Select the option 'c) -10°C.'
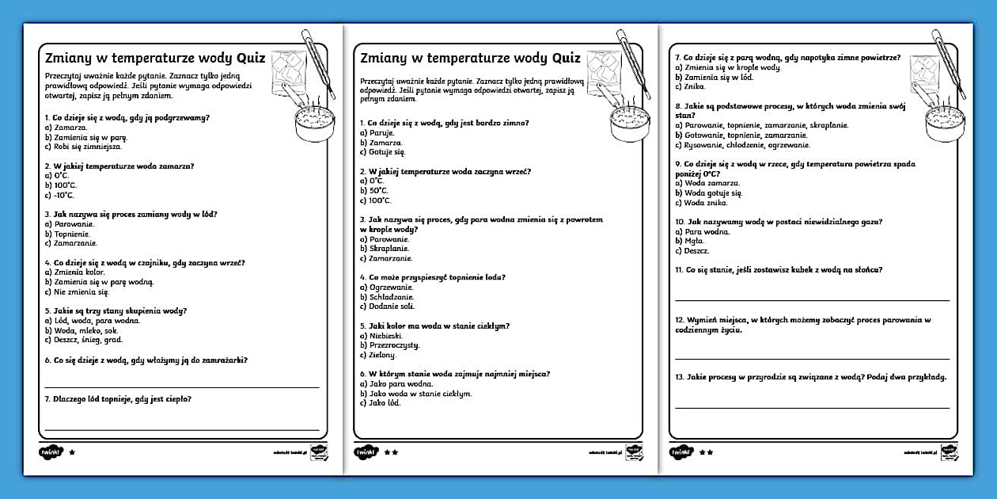tap(60, 195)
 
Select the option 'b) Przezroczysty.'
tap(390, 345)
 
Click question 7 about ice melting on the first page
tap(118, 399)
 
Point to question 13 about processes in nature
tap(811, 377)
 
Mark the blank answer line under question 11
tap(812, 300)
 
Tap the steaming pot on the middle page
tap(627, 122)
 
